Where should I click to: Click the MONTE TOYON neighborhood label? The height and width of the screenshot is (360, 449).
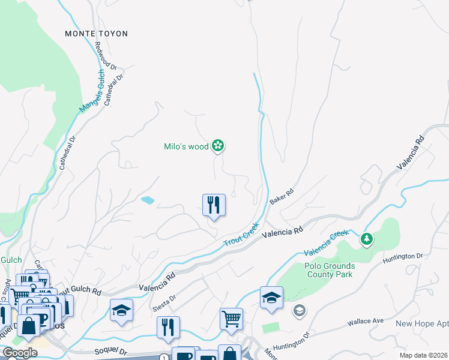96,34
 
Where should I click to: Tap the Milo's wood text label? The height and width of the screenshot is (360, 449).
186,146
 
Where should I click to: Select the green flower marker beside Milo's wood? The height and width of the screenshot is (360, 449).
218,146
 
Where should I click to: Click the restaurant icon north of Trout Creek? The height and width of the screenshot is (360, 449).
214,205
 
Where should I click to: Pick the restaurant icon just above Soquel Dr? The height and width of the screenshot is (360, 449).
168,328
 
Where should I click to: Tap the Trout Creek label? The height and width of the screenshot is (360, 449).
241,234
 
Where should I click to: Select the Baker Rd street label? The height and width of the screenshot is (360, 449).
281,196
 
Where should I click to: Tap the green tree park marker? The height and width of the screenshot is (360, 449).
366,239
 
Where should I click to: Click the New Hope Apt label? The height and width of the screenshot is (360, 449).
421,323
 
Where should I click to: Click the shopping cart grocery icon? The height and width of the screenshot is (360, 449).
231,319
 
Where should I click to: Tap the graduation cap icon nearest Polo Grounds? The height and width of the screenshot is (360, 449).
271,298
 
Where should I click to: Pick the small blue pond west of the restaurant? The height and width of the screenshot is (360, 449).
147,200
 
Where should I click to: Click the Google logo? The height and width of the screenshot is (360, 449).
20,353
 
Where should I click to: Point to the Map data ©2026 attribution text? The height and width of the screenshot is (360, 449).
423,355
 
